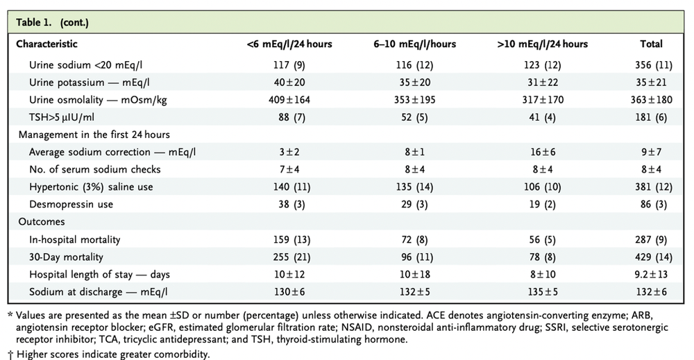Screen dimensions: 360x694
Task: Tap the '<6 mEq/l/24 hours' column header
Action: [289, 44]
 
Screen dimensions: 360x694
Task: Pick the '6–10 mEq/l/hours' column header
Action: [414, 44]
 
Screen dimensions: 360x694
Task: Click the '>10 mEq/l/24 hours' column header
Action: [542, 44]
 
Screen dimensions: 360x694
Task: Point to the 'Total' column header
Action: [651, 44]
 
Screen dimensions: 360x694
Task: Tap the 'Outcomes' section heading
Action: [42, 222]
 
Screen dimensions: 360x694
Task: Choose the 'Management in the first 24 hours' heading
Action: [94, 135]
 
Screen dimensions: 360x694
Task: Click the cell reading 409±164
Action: [289, 99]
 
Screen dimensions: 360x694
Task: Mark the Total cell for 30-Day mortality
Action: [651, 257]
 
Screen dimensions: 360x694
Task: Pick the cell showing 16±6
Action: [542, 152]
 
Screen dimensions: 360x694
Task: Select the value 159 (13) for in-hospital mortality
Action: [289, 240]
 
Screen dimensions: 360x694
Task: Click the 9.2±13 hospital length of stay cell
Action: [651, 275]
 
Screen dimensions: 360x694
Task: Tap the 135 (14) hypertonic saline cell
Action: [414, 187]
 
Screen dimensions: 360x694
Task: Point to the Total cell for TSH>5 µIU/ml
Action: [651, 117]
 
